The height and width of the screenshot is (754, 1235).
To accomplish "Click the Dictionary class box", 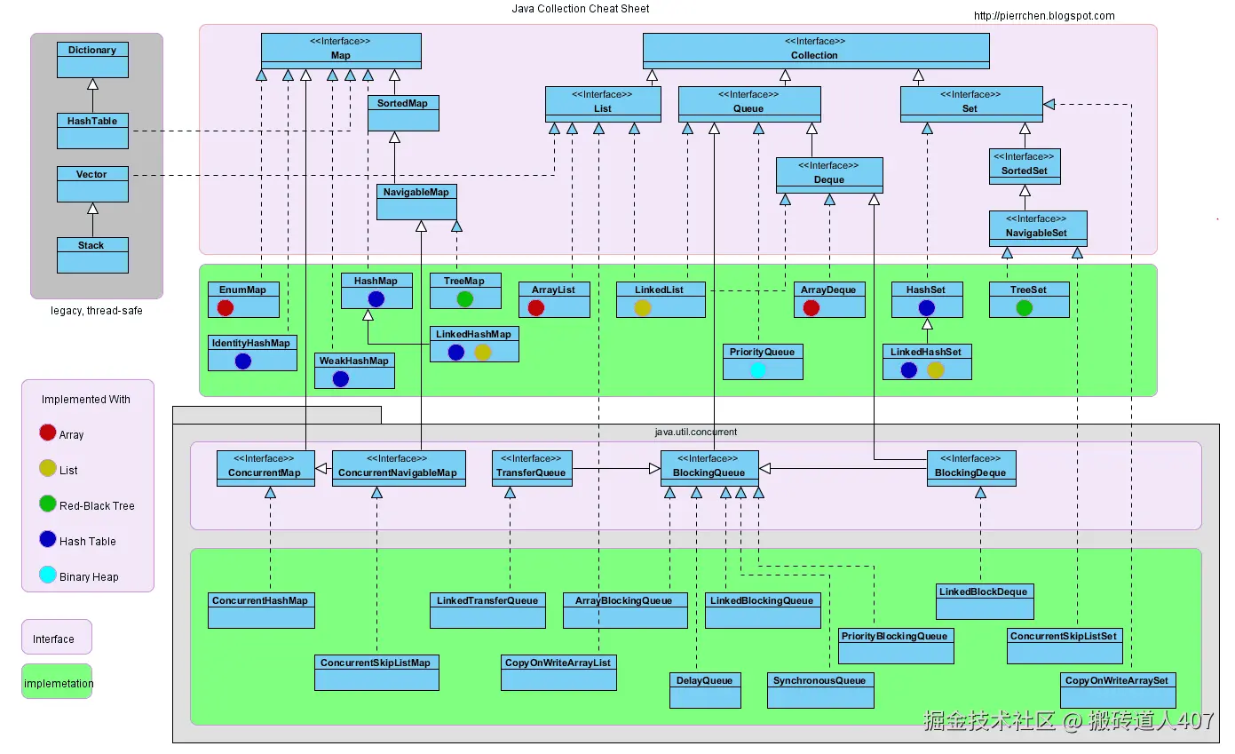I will (x=92, y=60).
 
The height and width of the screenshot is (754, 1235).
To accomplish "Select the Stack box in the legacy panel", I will (x=92, y=255).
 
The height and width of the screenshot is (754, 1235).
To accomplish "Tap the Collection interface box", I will (x=815, y=51).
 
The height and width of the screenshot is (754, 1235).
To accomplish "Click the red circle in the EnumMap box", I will (x=225, y=307).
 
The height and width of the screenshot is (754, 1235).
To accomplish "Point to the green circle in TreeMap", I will (x=464, y=298).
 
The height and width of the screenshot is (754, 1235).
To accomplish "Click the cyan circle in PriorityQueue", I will (x=757, y=369).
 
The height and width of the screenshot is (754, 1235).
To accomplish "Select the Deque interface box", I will (x=828, y=175).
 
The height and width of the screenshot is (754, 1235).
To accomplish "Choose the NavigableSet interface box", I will (x=1037, y=228).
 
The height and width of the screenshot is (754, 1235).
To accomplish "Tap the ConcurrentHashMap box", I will (x=261, y=610).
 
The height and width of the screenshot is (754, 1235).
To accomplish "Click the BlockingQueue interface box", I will (x=709, y=468).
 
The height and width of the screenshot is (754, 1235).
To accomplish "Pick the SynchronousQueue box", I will (x=819, y=690).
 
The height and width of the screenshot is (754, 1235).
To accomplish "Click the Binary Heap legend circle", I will (x=48, y=575).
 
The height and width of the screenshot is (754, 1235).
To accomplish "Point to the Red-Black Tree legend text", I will (x=97, y=506).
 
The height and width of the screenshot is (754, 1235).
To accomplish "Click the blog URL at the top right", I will (x=1044, y=15).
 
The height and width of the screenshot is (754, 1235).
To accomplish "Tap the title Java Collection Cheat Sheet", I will (x=580, y=8).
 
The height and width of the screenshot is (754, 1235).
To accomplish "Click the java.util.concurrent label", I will (x=695, y=433).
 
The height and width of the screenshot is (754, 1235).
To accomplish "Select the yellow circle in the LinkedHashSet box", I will (x=935, y=369).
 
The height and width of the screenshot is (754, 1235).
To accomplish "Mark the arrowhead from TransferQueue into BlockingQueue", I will (x=654, y=468).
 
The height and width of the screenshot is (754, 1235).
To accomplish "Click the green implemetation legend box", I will (x=57, y=682).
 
